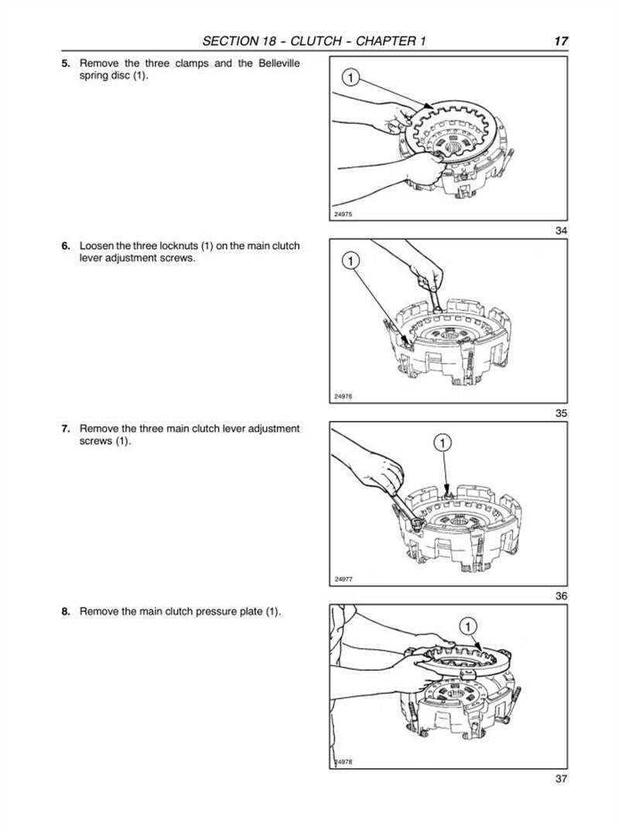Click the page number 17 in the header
(x=561, y=41)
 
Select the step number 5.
(x=66, y=63)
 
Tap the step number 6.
(x=66, y=246)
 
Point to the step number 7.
(x=66, y=429)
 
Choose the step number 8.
(x=66, y=611)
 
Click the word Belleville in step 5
(x=268, y=63)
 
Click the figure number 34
(x=561, y=230)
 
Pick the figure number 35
(x=561, y=413)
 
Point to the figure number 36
(x=561, y=596)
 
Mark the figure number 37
(x=561, y=778)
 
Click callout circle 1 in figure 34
(x=350, y=78)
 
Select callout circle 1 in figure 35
(x=351, y=261)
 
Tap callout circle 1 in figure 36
(x=441, y=443)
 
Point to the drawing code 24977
(x=344, y=579)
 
